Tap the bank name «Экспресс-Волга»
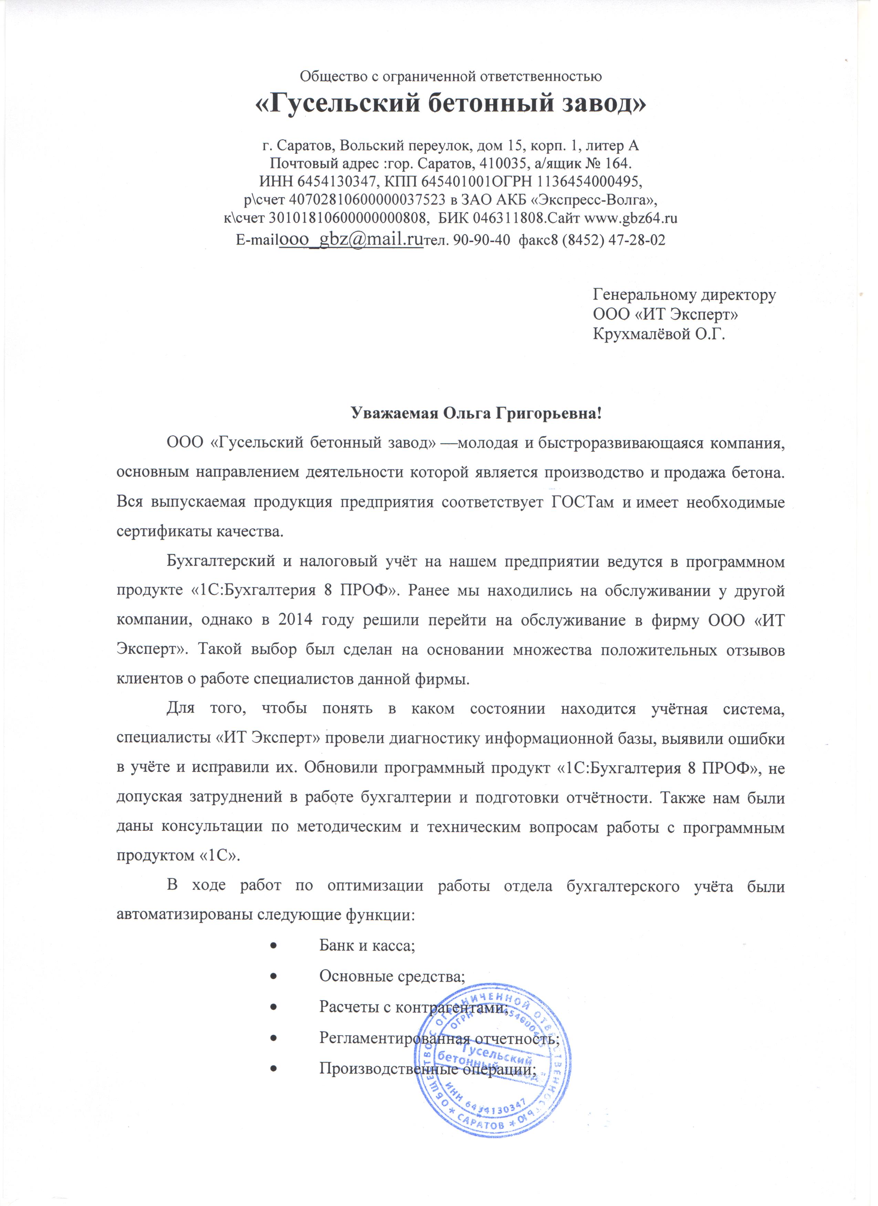click(593, 201)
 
